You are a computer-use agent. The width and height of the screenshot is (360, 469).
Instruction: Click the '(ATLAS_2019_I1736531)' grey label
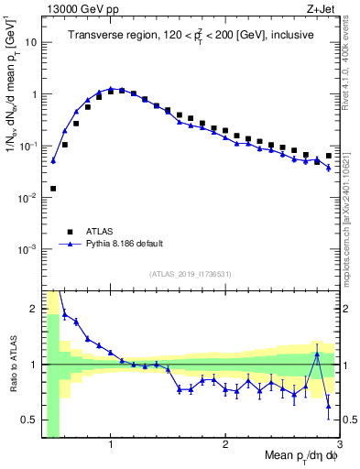point(190,275)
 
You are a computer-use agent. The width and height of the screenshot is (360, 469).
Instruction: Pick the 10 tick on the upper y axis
point(29,42)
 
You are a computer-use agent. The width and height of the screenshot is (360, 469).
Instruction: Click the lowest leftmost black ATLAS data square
point(53,189)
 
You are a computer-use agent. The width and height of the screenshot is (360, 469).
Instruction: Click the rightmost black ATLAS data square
point(329,156)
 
